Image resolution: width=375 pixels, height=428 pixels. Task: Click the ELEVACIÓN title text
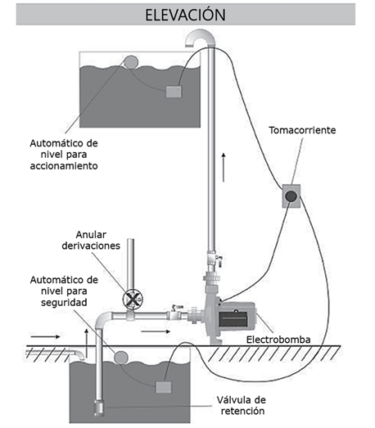click(185, 15)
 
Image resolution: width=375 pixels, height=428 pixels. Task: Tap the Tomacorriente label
click(302, 130)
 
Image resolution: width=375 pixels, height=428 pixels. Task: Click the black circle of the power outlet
click(291, 196)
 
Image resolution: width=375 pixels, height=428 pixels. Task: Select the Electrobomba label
click(278, 340)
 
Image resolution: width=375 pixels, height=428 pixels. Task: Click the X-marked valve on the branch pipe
click(133, 300)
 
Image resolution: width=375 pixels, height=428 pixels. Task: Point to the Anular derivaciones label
click(91, 241)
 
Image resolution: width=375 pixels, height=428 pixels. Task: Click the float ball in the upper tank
click(130, 62)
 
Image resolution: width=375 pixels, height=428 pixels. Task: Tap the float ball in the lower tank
click(120, 358)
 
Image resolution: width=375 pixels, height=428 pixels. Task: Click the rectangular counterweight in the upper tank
click(174, 92)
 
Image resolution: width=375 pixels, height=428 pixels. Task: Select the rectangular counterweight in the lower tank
click(164, 387)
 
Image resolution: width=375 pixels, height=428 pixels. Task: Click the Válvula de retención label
click(242, 405)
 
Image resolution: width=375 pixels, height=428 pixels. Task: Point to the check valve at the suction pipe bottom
click(99, 408)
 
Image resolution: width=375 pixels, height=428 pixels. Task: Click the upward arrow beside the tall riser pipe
click(224, 167)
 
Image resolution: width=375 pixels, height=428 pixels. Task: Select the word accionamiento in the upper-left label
click(64, 166)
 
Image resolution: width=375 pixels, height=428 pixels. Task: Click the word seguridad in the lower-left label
click(64, 303)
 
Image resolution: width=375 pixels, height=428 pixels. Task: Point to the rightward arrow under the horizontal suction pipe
click(156, 331)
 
